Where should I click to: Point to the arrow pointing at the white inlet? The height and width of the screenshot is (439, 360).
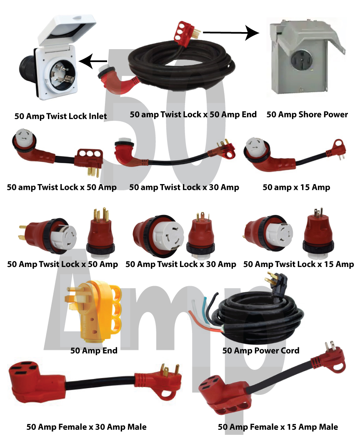pos(92,62)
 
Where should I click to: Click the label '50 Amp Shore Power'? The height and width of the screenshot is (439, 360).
pos(307,115)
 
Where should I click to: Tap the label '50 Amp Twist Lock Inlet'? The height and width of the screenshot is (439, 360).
pos(61,116)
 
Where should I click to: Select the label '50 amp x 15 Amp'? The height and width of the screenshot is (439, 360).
pos(296,187)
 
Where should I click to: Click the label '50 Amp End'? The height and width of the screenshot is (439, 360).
pos(94,351)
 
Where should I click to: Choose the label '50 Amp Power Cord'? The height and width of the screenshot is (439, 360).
pos(261,351)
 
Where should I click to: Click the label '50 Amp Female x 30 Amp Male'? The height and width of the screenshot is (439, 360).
pos(86,427)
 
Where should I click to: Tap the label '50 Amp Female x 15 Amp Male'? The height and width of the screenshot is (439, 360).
pos(278,427)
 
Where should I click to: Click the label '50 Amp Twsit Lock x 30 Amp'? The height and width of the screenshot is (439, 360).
pos(180,264)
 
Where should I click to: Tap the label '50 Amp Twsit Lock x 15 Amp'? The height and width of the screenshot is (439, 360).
pos(298,264)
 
